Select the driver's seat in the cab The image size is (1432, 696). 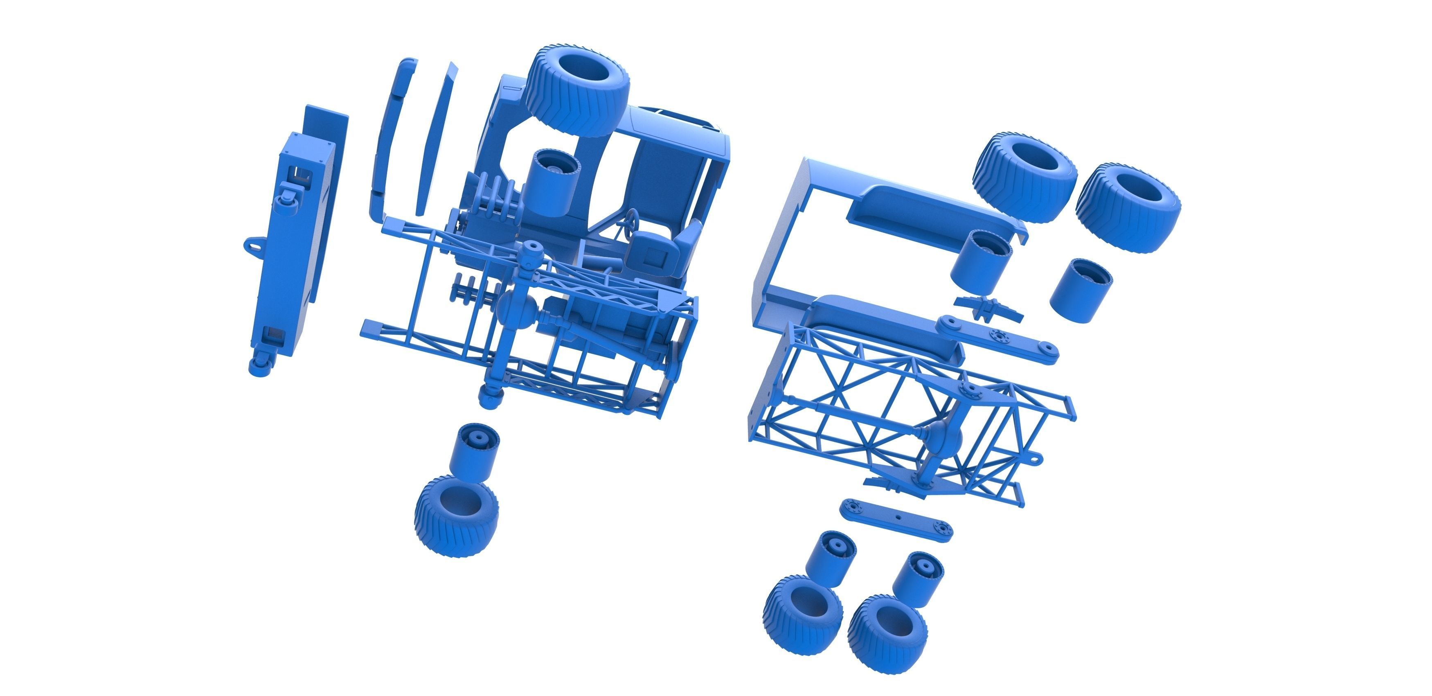tap(664, 250)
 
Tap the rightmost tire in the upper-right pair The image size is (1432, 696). tap(1127, 206)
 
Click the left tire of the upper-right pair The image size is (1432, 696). tap(1024, 177)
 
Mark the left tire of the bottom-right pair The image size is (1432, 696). tap(802, 614)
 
